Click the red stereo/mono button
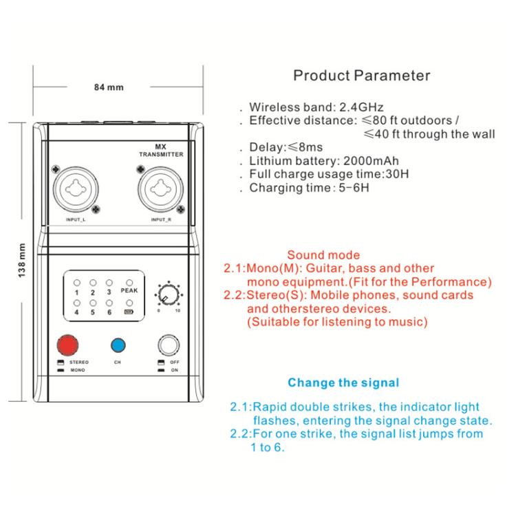pyautogui.click(x=68, y=345)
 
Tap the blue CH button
pyautogui.click(x=118, y=345)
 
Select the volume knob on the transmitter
pyautogui.click(x=169, y=294)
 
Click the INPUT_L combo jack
pyautogui.click(x=76, y=190)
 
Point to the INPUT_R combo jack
pyautogui.click(x=160, y=190)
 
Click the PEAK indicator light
pyautogui.click(x=129, y=283)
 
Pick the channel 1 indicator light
pyautogui.click(x=76, y=283)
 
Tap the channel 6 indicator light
pyautogui.click(x=109, y=303)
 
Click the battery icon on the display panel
pyautogui.click(x=129, y=312)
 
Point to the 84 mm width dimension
pyautogui.click(x=109, y=87)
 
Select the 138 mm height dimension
pyautogui.click(x=21, y=261)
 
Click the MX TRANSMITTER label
pyautogui.click(x=161, y=151)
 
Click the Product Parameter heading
pyautogui.click(x=362, y=76)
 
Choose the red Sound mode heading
pyautogui.click(x=323, y=255)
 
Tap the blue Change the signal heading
pyautogui.click(x=343, y=383)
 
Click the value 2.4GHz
pyautogui.click(x=361, y=107)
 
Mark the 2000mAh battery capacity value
pyautogui.click(x=371, y=161)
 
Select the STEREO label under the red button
pyautogui.click(x=79, y=363)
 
